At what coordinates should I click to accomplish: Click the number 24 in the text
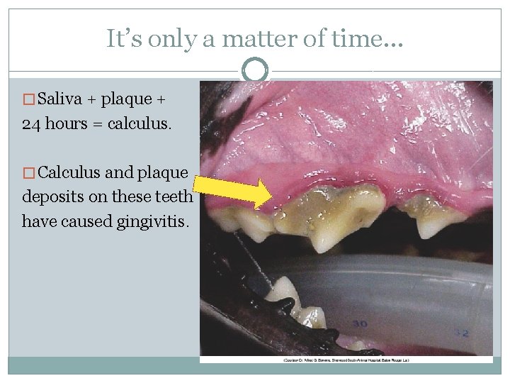coord(32,125)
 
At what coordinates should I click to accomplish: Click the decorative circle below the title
coord(255,71)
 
